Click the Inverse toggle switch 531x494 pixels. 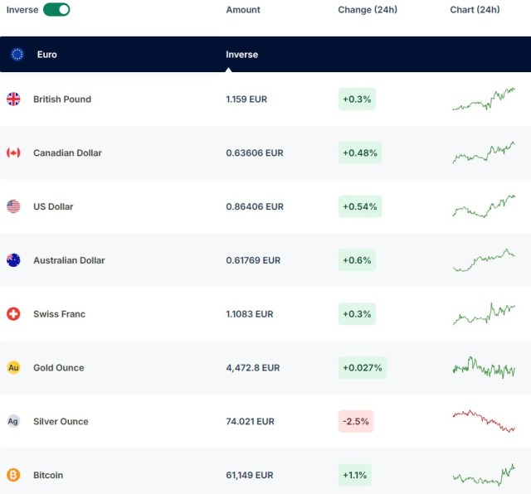pos(56,10)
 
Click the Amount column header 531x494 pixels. pos(243,10)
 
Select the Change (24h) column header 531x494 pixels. pos(368,10)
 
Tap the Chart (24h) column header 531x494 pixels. pos(475,10)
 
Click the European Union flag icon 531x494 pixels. pos(17,55)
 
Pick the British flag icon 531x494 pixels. pos(13,99)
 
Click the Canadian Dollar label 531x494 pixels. pos(67,153)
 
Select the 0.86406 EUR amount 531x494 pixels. pos(255,206)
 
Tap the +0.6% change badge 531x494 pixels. pos(357,260)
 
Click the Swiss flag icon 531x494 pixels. pos(13,314)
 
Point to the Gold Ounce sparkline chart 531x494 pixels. pos(484,367)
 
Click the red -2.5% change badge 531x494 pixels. pos(355,421)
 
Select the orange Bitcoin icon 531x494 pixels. pos(13,475)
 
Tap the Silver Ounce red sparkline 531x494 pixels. pos(484,420)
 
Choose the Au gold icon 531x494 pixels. pos(13,367)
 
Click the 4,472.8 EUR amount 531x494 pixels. pos(253,367)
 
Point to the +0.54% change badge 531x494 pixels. pos(359,206)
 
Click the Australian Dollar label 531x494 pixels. pos(69,260)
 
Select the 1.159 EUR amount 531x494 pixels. pos(246,99)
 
